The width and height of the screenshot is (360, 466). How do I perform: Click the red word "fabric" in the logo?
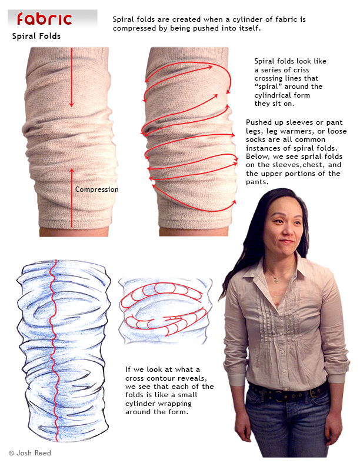click(44, 19)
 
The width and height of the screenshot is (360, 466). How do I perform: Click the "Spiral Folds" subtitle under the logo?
click(36, 36)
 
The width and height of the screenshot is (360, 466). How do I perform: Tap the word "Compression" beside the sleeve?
click(97, 189)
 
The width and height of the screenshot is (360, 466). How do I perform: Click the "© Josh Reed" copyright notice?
click(30, 453)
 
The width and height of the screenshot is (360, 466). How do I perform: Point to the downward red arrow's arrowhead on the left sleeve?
click(71, 104)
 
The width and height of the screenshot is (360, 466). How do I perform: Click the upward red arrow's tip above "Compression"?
click(72, 169)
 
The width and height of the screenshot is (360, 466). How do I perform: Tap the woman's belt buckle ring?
click(279, 394)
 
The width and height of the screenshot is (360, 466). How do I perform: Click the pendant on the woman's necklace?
click(276, 279)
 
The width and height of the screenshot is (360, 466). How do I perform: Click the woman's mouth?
click(286, 241)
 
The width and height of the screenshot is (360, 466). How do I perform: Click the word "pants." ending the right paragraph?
click(257, 182)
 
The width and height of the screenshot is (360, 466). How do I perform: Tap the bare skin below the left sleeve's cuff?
click(74, 232)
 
